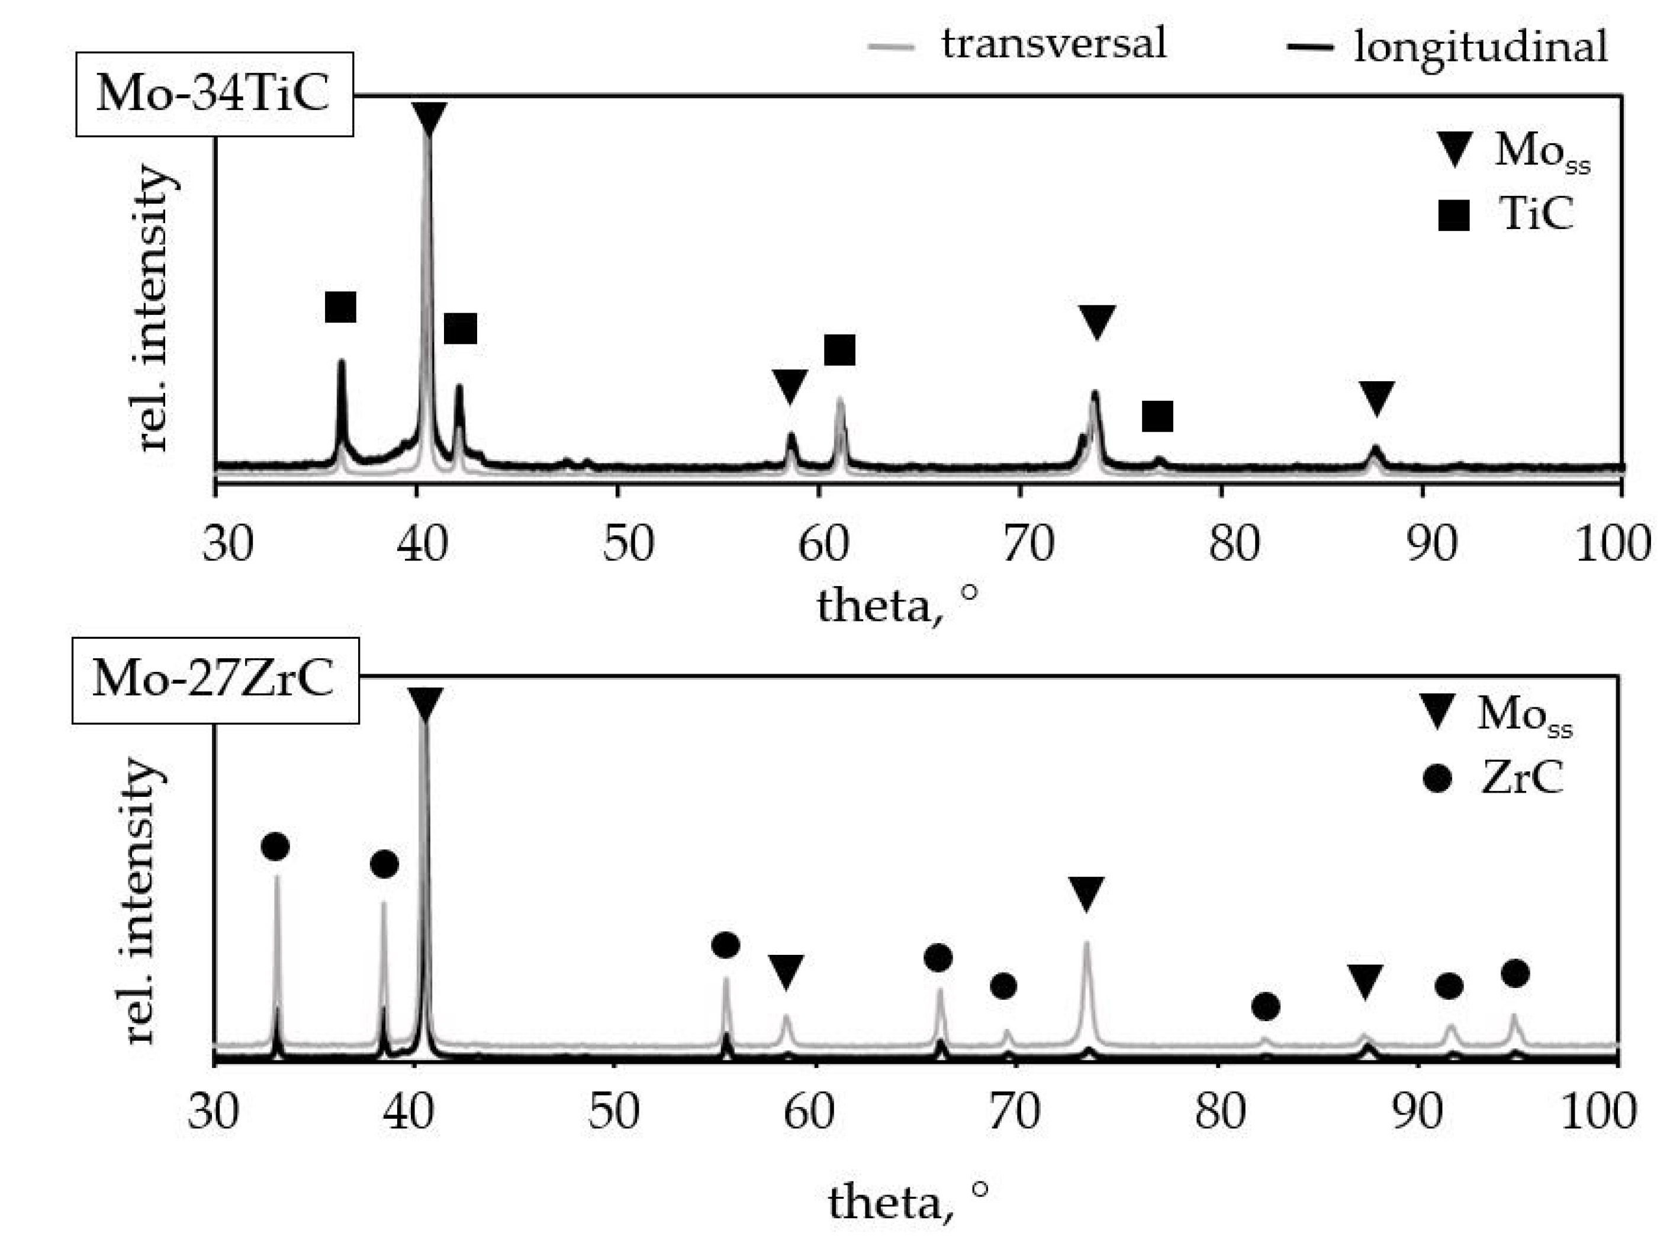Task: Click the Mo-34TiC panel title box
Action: point(214,95)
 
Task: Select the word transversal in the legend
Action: point(1054,43)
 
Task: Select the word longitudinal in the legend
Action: point(1481,47)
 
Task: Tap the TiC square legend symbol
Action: point(1453,215)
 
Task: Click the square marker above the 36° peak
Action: point(340,307)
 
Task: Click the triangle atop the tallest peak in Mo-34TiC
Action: point(429,118)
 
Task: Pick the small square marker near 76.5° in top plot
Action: point(1157,416)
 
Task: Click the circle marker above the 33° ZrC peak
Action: point(275,847)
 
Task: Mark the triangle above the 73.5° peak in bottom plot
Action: point(1086,893)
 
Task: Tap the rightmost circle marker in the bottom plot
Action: point(1515,973)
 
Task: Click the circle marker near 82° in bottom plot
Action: point(1265,1006)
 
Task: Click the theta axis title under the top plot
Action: point(897,605)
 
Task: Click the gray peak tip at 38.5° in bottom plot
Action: point(383,903)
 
